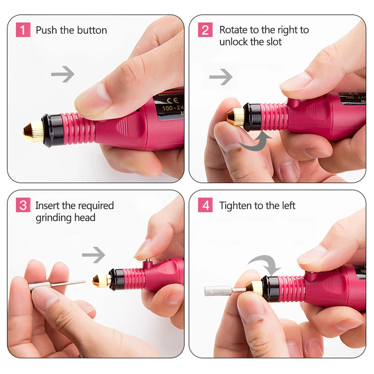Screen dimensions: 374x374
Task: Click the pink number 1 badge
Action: pyautogui.click(x=23, y=30)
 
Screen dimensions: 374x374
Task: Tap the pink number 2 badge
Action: pyautogui.click(x=205, y=30)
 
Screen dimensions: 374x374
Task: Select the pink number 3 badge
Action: pyautogui.click(x=23, y=205)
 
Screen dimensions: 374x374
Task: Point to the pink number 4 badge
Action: pyautogui.click(x=205, y=205)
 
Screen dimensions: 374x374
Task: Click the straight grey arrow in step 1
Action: pyautogui.click(x=62, y=74)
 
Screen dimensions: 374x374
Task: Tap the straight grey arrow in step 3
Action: pyautogui.click(x=93, y=255)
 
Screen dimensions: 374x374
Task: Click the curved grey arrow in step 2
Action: pyautogui.click(x=256, y=142)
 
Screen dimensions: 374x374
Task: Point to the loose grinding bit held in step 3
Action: pyautogui.click(x=56, y=285)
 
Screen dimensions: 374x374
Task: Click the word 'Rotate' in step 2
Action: pyautogui.click(x=233, y=30)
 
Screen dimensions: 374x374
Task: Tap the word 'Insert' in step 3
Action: pyautogui.click(x=47, y=206)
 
